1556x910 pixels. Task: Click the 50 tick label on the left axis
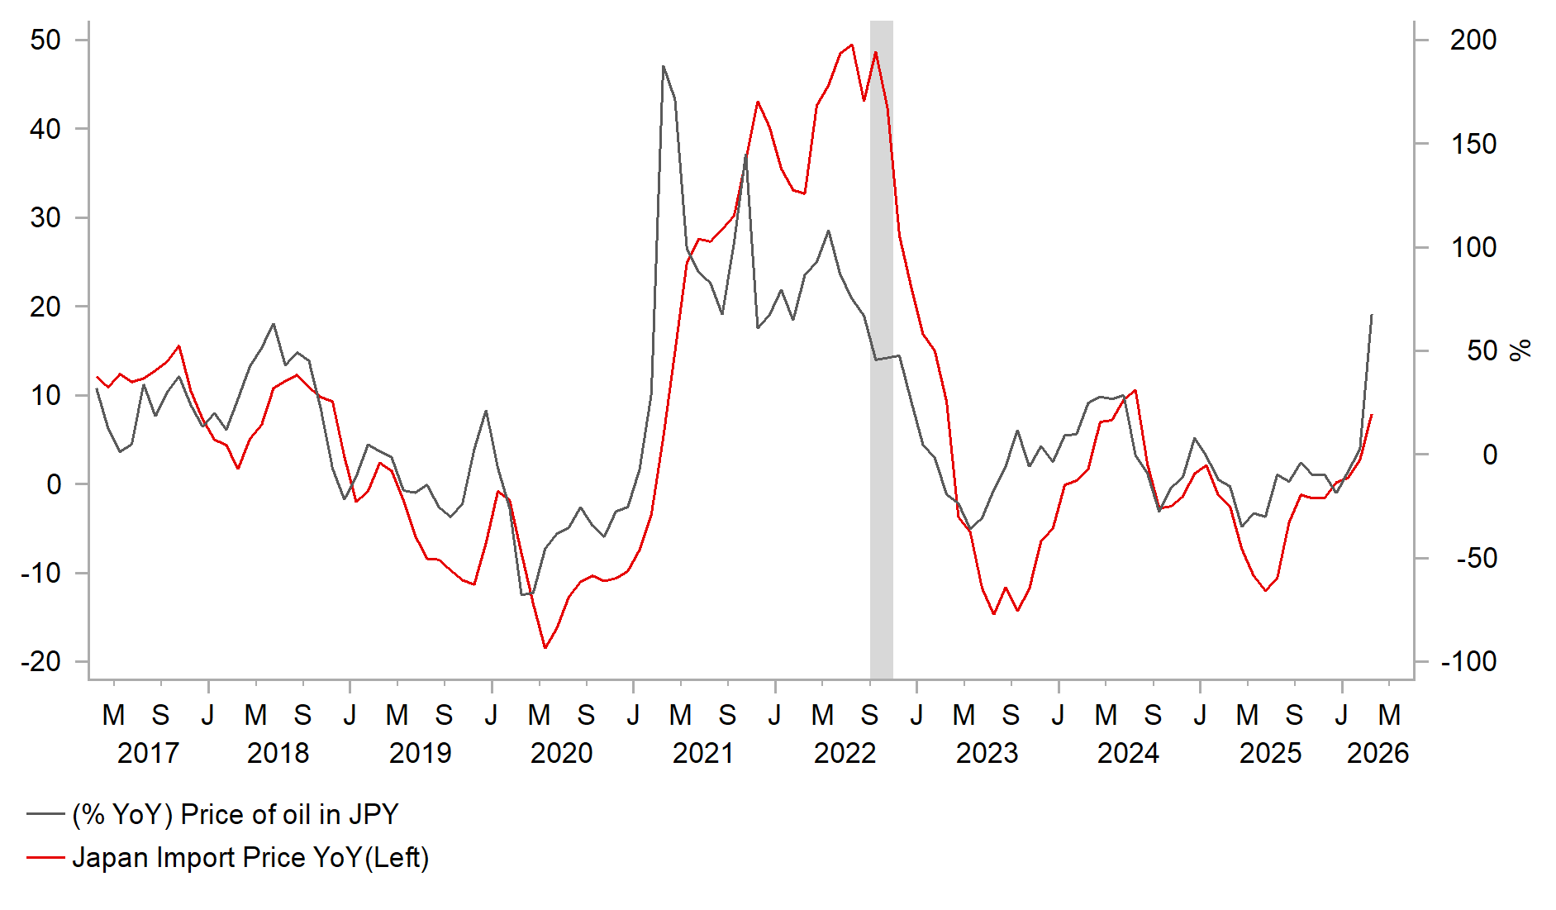coord(45,40)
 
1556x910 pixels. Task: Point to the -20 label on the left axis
coord(41,661)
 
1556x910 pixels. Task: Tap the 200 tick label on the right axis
coord(1473,40)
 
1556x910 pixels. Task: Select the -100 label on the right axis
coord(1468,661)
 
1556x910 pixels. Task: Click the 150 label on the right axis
coord(1473,144)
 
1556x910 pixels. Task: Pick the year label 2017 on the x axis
coord(148,753)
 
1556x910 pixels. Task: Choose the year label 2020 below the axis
coord(561,753)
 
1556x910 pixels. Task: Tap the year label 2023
coord(987,753)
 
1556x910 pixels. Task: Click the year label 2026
coord(1378,753)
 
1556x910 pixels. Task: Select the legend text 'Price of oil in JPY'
coord(236,814)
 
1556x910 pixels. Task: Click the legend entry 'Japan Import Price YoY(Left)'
coord(250,857)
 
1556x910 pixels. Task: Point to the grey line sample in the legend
coord(45,814)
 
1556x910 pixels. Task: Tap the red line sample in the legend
coord(45,857)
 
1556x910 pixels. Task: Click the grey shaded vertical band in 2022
coord(882,347)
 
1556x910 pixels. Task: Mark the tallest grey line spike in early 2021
coord(664,66)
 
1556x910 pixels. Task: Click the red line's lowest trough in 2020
coord(545,648)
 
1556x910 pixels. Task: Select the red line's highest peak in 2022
coord(852,45)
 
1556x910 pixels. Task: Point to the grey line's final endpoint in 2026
coord(1372,315)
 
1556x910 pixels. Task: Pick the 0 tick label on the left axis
coord(54,484)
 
